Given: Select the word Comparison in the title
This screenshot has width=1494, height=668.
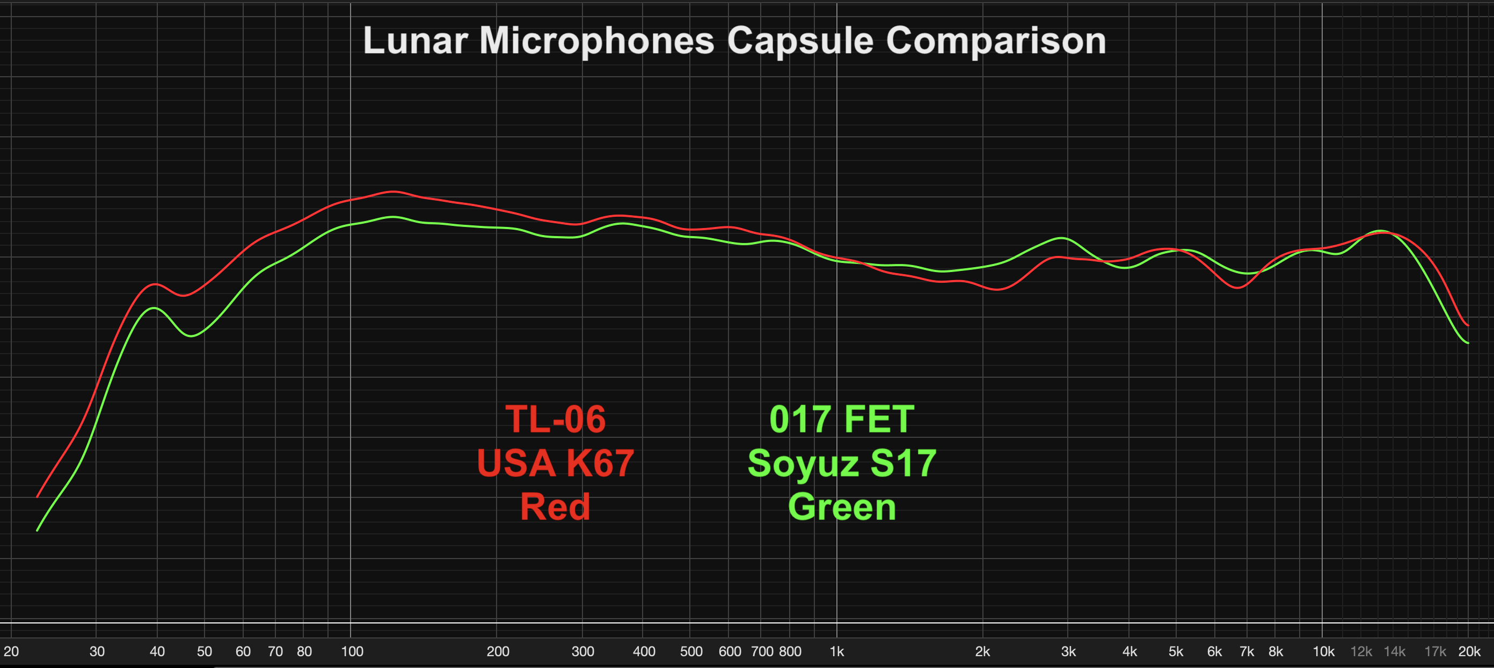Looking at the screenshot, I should coord(996,41).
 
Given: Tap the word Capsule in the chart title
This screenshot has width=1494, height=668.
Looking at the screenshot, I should coord(800,41).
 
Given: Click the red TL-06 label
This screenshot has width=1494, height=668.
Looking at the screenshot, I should coord(555,419).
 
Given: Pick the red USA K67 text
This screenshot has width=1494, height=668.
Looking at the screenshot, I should coord(555,464).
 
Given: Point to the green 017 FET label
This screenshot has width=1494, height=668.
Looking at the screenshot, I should coord(842,419).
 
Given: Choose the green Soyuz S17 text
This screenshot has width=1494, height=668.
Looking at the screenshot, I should coord(842,464).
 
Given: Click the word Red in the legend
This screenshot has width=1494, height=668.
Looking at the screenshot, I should coord(555,507).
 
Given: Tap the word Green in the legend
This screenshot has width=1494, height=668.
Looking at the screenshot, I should coord(842,507).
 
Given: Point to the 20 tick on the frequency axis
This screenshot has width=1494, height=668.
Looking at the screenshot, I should coord(11,651).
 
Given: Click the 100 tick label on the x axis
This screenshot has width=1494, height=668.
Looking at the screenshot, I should coord(352,651).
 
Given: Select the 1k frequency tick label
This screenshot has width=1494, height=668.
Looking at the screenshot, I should coord(836,651).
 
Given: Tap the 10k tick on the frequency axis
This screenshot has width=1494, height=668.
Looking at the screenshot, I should coord(1323,651).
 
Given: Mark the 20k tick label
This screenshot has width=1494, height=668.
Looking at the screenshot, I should coord(1469,651).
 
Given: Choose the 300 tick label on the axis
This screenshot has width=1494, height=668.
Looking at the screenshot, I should coord(582,651).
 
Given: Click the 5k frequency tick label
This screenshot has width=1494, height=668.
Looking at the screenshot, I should coord(1176,651).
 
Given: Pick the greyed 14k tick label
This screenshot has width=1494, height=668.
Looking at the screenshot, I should coord(1394,651).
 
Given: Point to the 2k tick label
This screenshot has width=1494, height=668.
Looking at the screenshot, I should coord(982,651).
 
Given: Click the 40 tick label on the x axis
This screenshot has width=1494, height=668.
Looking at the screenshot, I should coord(157,651).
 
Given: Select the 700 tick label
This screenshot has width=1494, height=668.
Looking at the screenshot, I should coord(762,651).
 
